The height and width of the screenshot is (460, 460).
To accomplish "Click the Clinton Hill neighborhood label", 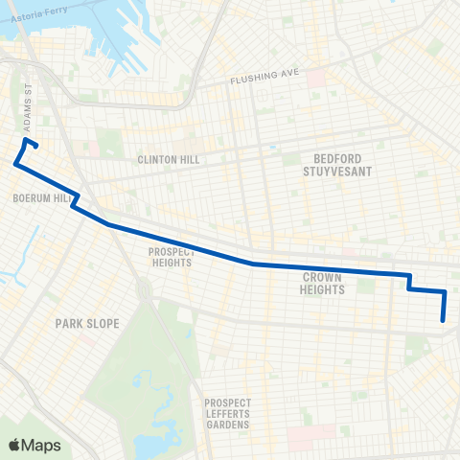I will (168, 160).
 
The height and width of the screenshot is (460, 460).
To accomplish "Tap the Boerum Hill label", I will (39, 198).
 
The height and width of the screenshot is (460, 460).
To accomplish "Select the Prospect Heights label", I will (172, 258).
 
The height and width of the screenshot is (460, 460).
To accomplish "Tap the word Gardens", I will (227, 424).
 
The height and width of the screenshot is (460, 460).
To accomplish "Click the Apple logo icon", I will (14, 444).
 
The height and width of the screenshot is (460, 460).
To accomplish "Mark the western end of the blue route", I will (15, 164).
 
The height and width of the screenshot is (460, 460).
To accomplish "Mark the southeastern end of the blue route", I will (443, 321).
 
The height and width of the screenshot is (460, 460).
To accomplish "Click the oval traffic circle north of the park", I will (144, 288).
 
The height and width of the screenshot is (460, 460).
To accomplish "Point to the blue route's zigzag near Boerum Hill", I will (74, 202).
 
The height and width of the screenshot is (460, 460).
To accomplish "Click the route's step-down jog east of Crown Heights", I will (409, 282).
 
